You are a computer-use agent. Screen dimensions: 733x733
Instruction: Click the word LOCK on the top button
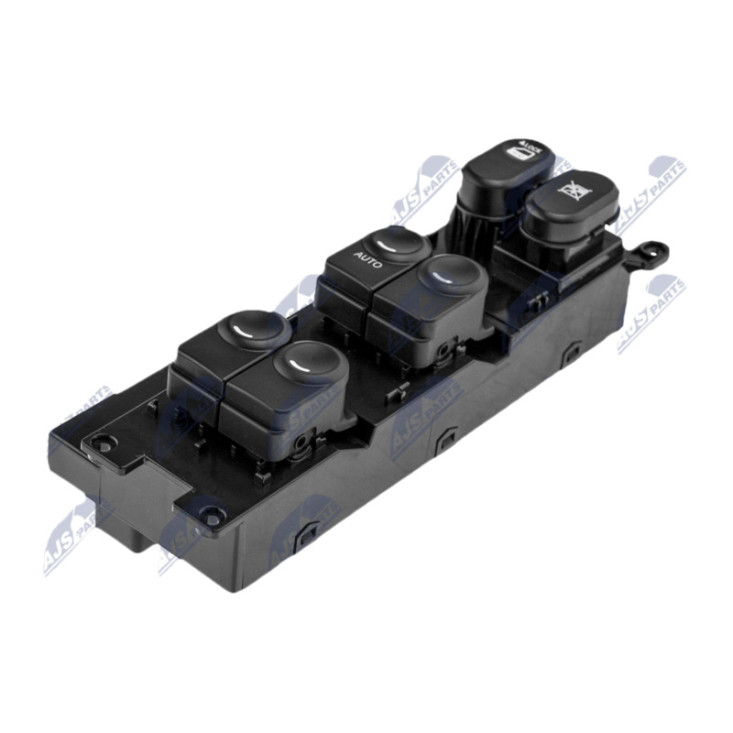[531, 148]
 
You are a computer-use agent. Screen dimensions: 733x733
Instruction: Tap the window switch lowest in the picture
[293, 376]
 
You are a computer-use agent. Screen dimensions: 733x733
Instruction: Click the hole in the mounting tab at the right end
[656, 248]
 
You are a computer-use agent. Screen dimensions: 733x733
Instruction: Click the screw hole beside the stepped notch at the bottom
[212, 518]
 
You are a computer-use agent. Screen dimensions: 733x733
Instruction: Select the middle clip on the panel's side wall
[447, 437]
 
